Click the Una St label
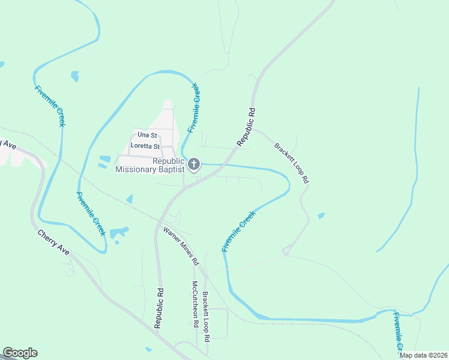[147, 136]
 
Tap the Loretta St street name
[146, 146]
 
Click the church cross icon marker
[194, 164]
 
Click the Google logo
[20, 353]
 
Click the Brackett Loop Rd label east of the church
[292, 163]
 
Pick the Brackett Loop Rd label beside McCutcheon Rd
[206, 316]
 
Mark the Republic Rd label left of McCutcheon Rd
[158, 307]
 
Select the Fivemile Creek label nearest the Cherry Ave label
[91, 214]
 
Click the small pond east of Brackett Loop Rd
[321, 215]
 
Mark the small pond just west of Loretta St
[105, 159]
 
